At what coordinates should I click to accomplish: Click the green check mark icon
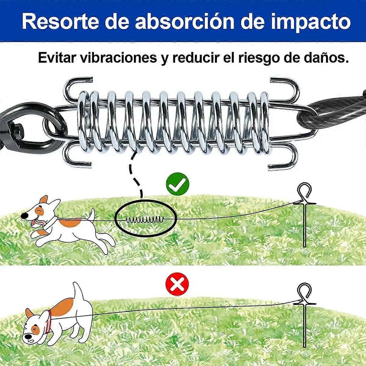pos(178,184)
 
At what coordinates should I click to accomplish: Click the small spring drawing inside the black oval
pos(144,220)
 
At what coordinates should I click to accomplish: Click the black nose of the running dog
pos(24,216)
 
